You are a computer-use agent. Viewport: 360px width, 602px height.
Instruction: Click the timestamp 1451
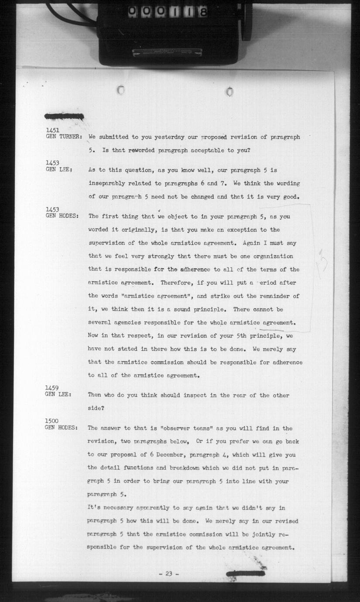[52, 130]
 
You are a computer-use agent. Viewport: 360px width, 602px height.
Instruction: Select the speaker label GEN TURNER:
[64, 137]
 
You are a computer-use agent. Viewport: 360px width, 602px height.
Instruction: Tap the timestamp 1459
[52, 388]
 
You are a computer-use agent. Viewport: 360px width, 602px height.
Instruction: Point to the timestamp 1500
[52, 421]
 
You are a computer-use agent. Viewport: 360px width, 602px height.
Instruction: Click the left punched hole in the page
[121, 90]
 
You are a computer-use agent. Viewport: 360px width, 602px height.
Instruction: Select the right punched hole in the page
[230, 92]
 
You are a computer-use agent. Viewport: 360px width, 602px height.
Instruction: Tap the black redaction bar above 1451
[64, 116]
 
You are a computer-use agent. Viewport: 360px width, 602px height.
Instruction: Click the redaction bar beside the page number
[245, 573]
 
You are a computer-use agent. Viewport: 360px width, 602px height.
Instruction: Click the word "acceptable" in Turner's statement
[204, 150]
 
